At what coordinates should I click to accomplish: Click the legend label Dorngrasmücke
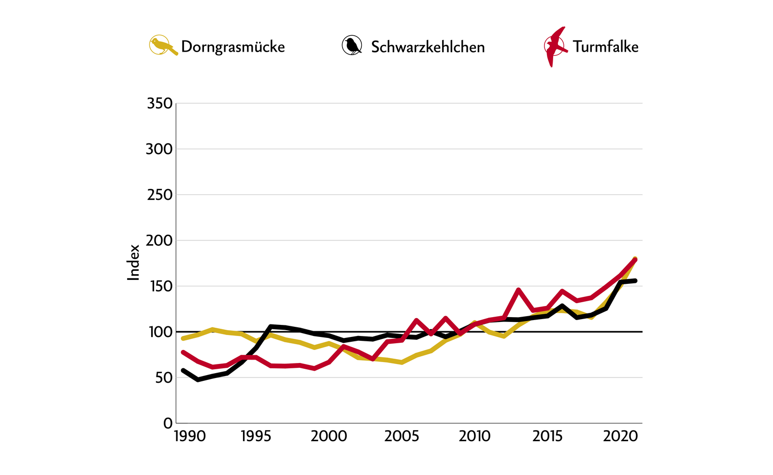coord(233,47)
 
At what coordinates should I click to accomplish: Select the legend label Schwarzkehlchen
coord(428,47)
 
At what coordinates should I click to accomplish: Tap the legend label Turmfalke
coord(605,46)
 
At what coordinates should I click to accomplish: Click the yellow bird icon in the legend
coord(162,45)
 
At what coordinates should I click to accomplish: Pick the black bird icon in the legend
coord(352,45)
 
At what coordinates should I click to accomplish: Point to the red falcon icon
coord(555,46)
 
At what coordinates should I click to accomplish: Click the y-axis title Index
coord(133,262)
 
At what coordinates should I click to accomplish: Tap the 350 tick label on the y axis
coord(159,103)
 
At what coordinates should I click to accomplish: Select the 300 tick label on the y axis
coord(159,149)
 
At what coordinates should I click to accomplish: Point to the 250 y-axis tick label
coord(159,195)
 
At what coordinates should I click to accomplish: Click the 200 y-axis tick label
coord(159,240)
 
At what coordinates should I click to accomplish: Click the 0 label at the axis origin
coord(168,423)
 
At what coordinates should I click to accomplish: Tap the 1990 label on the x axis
coord(190,436)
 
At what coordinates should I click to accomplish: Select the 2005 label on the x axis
coord(401,436)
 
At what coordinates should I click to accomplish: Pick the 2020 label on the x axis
coord(621,436)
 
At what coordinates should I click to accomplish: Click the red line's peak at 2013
coord(518,290)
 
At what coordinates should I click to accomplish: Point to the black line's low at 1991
coord(198,380)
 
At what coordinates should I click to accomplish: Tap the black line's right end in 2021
coord(635,280)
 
